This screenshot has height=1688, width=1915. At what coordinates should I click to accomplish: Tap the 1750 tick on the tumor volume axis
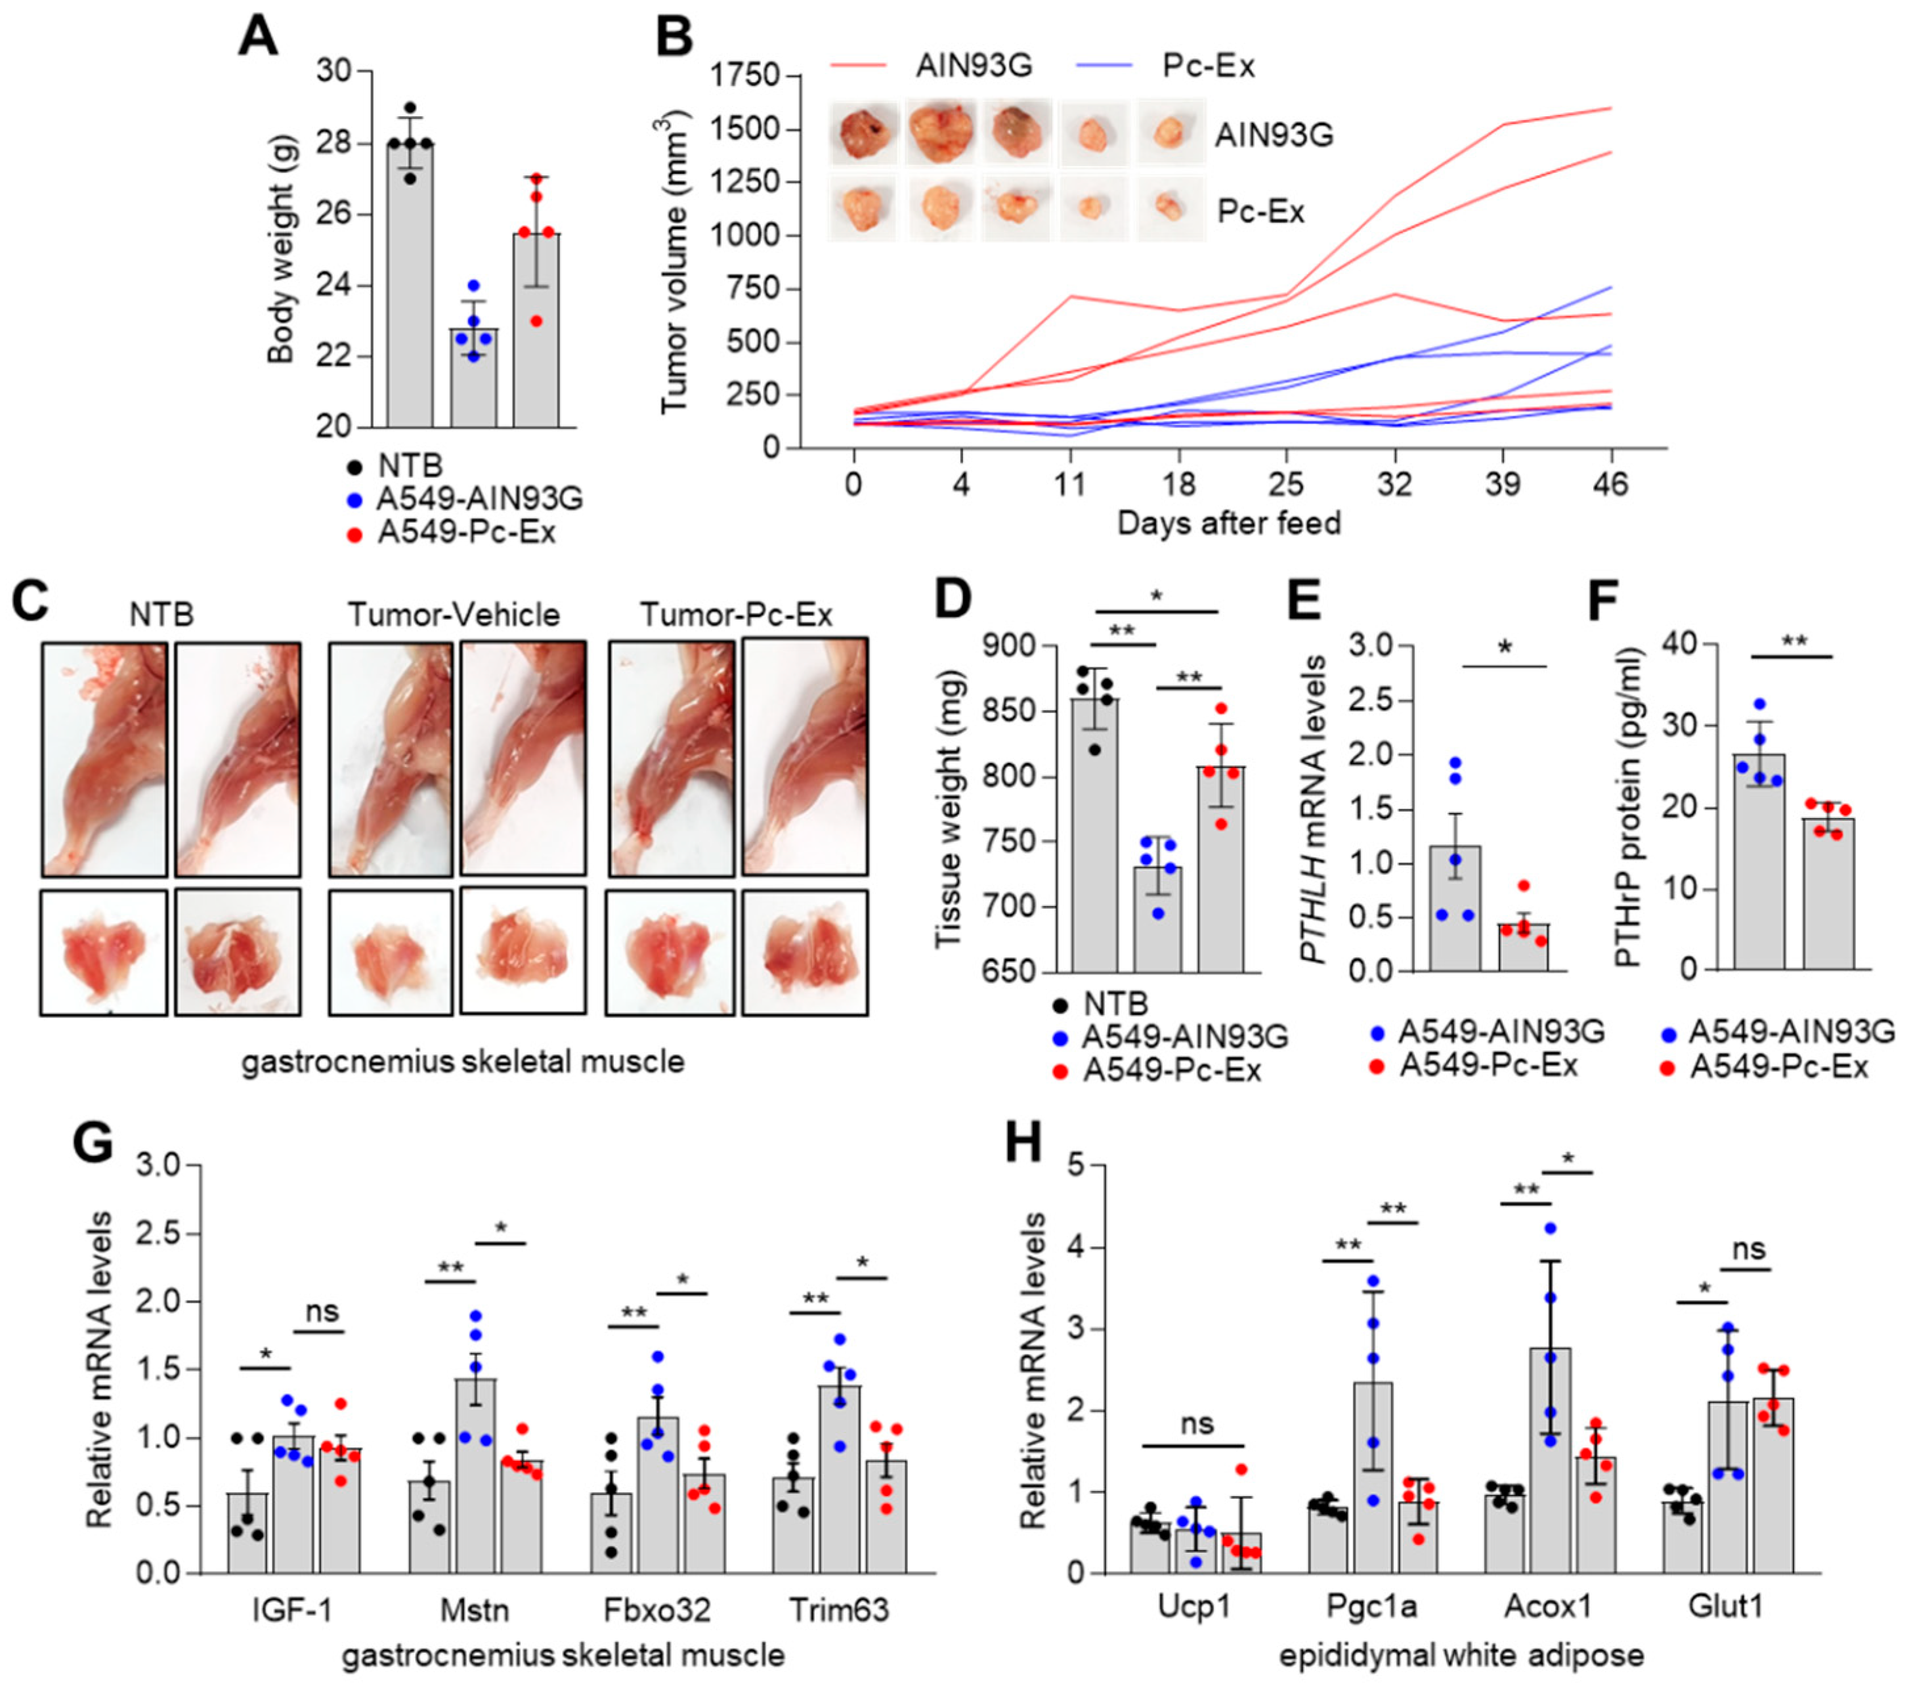746,75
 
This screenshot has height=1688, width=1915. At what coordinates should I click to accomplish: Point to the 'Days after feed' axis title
1228,523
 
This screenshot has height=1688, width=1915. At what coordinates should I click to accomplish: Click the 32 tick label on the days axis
1395,485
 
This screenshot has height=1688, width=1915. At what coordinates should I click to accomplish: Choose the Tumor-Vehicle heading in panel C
454,615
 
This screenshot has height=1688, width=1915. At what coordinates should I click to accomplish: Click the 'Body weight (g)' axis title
280,249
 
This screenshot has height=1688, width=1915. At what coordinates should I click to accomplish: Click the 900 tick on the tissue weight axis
1009,646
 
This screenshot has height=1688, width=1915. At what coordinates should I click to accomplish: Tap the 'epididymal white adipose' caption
1461,1655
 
